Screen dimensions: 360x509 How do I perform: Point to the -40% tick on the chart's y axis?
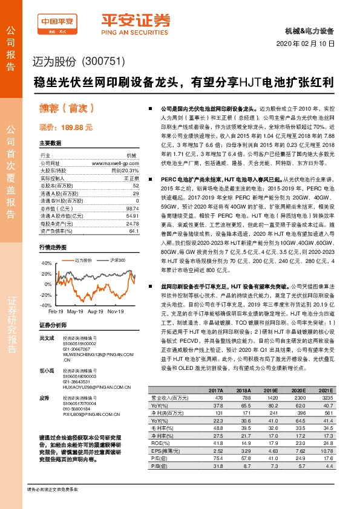46,305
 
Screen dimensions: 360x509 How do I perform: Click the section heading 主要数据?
50,144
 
